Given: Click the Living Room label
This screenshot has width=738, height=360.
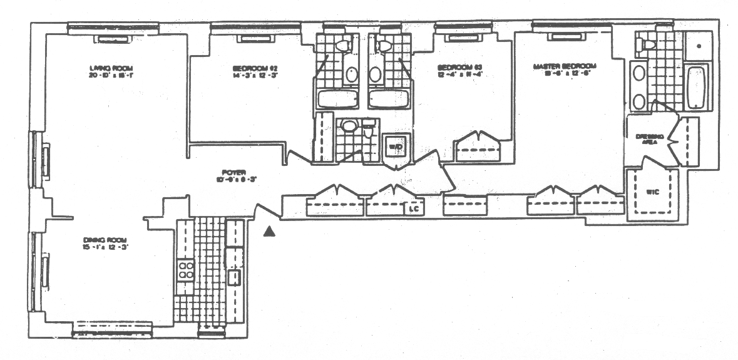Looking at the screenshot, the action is [x=112, y=68].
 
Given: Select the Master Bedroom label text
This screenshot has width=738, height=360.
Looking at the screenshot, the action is [x=565, y=66].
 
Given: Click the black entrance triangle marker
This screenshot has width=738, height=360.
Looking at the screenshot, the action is [x=269, y=232].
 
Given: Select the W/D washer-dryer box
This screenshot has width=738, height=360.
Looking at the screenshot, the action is [x=396, y=147].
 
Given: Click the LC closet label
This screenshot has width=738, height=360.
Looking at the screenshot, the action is [x=413, y=209].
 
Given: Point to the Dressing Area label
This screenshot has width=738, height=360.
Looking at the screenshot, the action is [x=645, y=139].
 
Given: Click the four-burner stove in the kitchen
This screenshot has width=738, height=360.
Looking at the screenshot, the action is [x=185, y=269].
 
